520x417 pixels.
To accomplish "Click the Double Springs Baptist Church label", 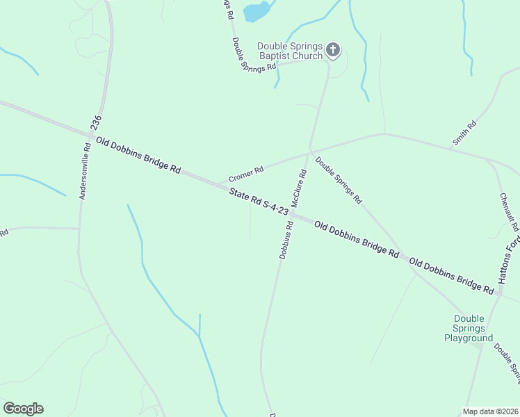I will [290, 51].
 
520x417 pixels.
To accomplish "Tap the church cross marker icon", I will [334, 49].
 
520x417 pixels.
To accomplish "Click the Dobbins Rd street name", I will [284, 240].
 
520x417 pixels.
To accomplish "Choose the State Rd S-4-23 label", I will [259, 201].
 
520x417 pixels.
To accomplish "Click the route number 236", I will [96, 123].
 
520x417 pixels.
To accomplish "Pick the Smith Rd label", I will [464, 133].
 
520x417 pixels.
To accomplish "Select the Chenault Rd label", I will [509, 212].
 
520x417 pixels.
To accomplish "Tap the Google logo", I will [23, 409].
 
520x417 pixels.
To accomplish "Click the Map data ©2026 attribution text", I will [491, 411].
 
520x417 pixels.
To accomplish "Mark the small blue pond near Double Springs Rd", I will [257, 12].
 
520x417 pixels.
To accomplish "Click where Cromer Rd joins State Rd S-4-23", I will [218, 184].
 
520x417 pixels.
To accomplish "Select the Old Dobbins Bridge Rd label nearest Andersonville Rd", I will [138, 154].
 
